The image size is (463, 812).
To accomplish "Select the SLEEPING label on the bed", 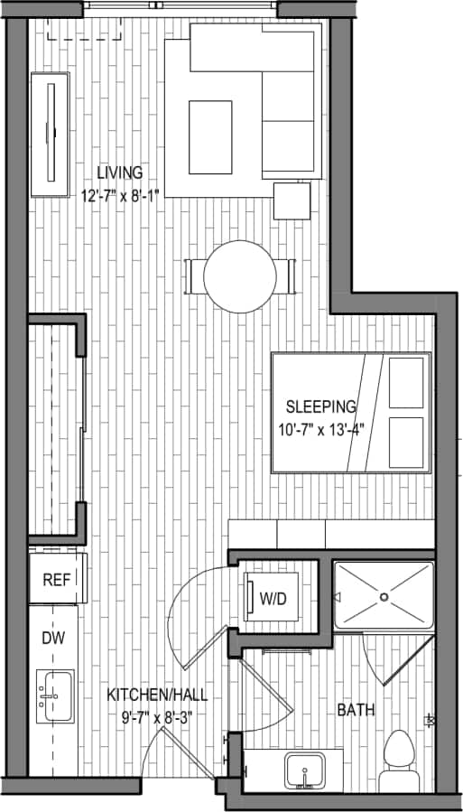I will tap(321, 406).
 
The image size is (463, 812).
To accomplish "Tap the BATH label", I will tap(356, 711).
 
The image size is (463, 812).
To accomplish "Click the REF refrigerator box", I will tap(57, 578).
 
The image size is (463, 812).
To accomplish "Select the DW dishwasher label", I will tap(53, 637).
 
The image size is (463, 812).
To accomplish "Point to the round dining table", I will tap(240, 275).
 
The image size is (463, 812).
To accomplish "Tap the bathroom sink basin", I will tap(307, 772).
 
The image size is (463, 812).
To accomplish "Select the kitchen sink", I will tap(55, 696).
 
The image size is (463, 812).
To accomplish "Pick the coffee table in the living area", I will tap(210, 137).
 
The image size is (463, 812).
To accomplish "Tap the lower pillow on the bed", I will tap(407, 442).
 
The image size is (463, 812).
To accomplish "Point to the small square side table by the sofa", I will tap(292, 201).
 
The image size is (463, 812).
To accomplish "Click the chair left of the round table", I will tap(191, 275).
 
